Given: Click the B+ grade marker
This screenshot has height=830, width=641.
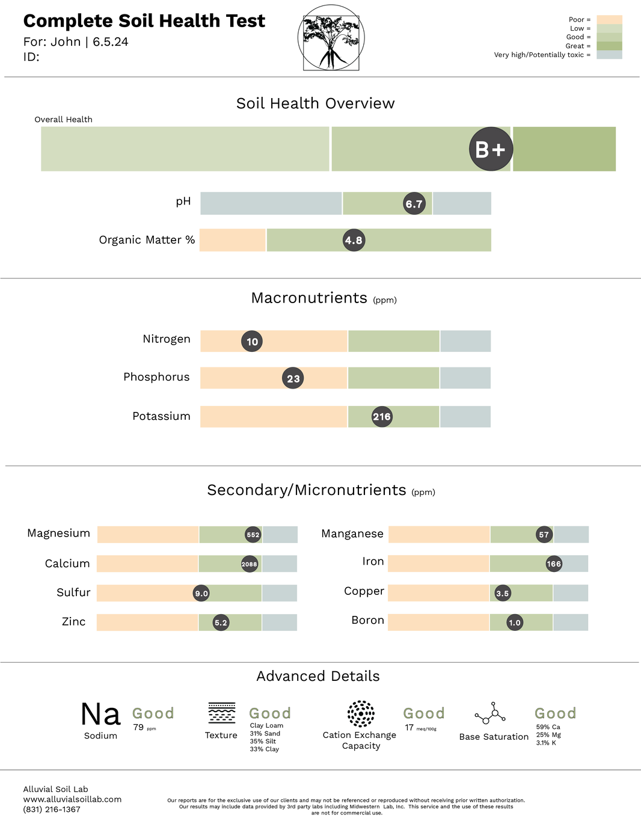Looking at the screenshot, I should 491,149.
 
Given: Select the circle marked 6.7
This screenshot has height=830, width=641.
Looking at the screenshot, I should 414,204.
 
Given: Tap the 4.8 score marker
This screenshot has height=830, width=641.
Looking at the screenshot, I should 354,241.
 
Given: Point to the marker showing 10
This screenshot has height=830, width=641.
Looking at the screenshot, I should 252,342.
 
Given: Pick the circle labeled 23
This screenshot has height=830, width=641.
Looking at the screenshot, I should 293,378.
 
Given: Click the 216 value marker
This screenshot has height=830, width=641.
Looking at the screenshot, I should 382,416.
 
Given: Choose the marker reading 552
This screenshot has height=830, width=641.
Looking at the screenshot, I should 253,535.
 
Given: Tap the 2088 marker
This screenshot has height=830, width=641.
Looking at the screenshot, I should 250,564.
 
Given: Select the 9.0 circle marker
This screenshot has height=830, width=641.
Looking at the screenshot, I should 201,594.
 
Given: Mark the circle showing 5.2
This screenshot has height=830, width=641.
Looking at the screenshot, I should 221,622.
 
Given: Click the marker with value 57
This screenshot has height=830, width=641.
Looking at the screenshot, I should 544,535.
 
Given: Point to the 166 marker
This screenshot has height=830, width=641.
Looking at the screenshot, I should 554,564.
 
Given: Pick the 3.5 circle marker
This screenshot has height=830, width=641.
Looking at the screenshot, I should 503,594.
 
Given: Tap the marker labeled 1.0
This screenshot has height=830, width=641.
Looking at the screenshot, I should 515,622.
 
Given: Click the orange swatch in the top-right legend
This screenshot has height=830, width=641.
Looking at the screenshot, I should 609,19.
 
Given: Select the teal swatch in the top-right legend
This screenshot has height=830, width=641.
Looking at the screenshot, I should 609,56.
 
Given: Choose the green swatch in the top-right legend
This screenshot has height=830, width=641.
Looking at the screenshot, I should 609,38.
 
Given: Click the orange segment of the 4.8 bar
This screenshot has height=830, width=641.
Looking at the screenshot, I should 232,241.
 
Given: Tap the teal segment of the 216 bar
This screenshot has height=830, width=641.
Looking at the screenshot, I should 466,416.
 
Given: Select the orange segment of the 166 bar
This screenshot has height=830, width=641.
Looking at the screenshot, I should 438,564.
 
